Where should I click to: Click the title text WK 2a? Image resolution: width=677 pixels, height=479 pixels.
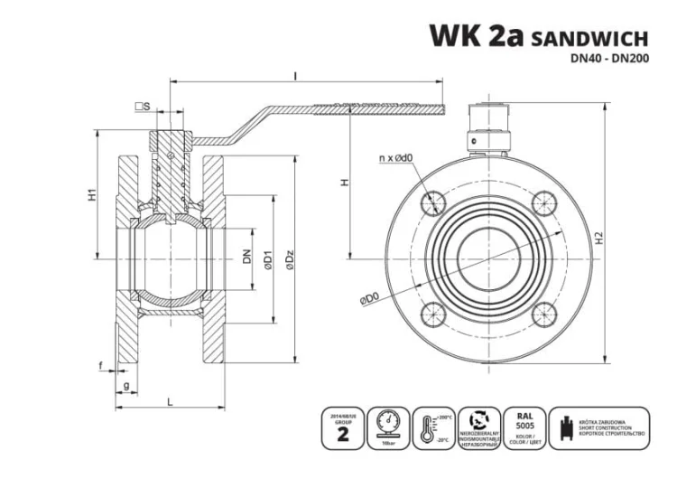(x=475, y=35)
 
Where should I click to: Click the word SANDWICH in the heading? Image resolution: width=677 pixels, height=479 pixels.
(x=590, y=38)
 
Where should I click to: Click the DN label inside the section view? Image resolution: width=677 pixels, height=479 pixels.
(x=246, y=257)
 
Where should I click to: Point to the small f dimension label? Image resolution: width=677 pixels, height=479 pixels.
(x=101, y=366)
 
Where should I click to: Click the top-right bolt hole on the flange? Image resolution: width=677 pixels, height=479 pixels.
(x=543, y=202)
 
